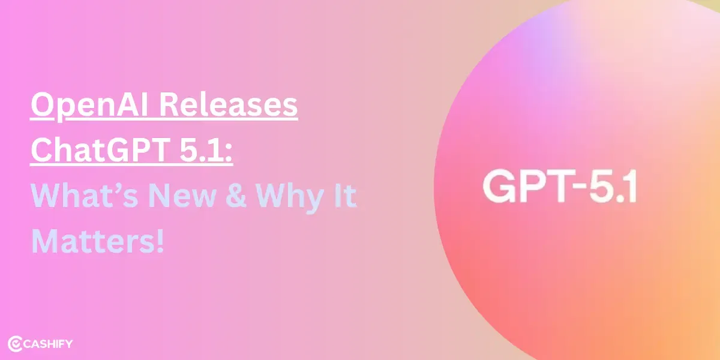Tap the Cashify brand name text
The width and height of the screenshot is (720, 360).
click(x=50, y=344)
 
